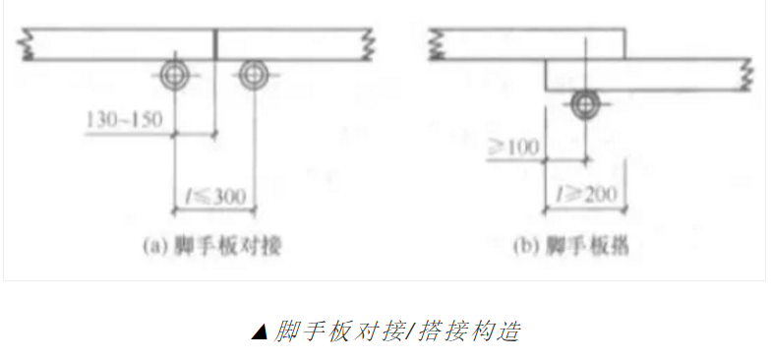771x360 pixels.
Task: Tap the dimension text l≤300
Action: [x=211, y=196]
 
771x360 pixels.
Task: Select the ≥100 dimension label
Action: [x=513, y=148]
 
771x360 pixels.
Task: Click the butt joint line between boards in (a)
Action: [x=215, y=44]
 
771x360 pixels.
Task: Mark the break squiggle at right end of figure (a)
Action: [x=368, y=44]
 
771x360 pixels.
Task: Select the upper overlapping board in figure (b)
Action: [x=531, y=44]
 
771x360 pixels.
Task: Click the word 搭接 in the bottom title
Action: [x=435, y=330]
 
